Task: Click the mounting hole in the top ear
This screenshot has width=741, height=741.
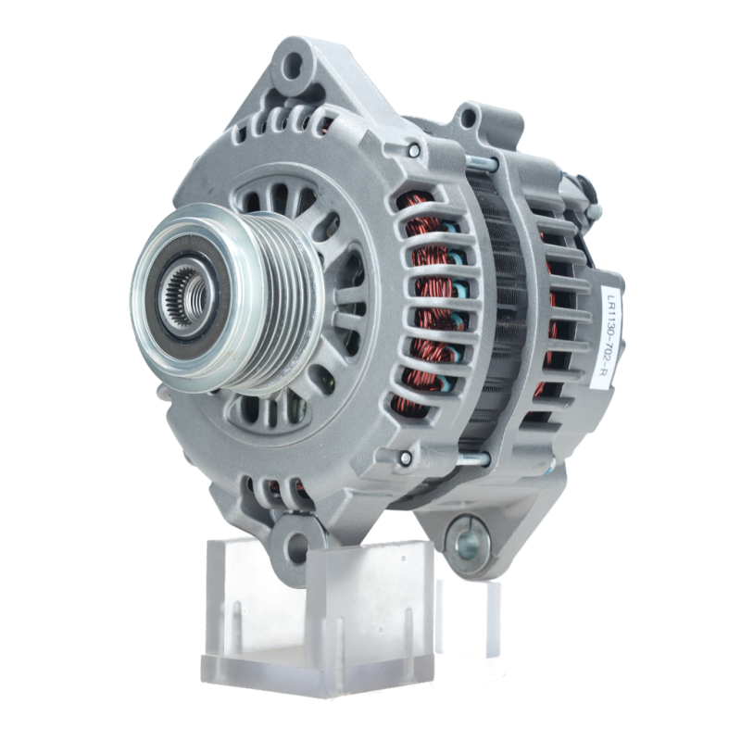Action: [x=293, y=63]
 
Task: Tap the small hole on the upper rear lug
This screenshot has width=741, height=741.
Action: [x=468, y=117]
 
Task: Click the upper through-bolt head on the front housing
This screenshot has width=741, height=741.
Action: [x=414, y=150]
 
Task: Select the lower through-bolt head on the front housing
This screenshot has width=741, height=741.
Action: [x=406, y=457]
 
